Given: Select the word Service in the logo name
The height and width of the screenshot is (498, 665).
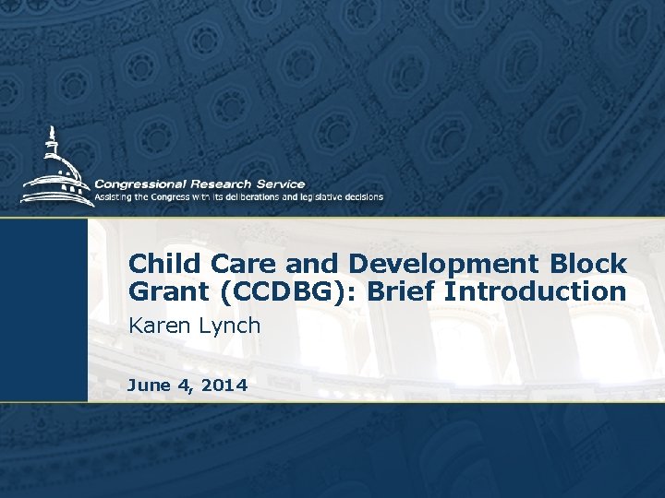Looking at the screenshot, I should (281, 184).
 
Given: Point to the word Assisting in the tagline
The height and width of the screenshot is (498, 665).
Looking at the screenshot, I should (115, 196).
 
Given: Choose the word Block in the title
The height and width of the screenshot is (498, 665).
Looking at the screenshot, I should (592, 264).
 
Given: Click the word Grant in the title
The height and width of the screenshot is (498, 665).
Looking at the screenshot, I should (163, 292).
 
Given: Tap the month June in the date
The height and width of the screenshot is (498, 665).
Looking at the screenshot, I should (147, 385).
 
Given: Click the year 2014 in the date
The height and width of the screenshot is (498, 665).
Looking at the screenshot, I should (224, 385).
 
